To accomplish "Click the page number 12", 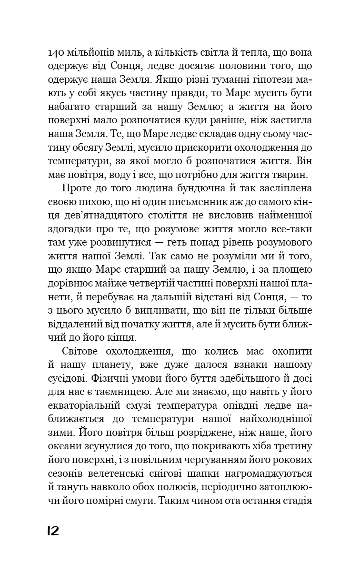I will click(53, 531).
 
